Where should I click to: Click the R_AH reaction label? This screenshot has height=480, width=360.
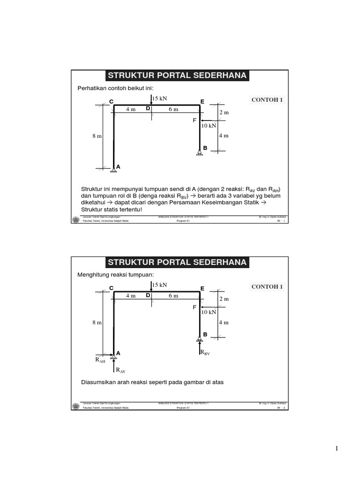pyautogui.click(x=100, y=360)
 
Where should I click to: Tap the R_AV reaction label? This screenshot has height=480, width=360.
pyautogui.click(x=120, y=370)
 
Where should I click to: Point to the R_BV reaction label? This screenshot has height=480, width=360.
pyautogui.click(x=205, y=352)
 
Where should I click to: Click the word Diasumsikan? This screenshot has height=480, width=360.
pyautogui.click(x=99, y=382)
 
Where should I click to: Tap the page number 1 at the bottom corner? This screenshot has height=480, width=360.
pyautogui.click(x=336, y=449)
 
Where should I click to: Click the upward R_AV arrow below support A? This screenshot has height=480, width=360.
pyautogui.click(x=114, y=368)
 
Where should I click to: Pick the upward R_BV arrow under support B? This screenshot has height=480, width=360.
pyautogui.click(x=199, y=349)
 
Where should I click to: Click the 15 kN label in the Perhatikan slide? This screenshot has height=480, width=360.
pyautogui.click(x=160, y=98)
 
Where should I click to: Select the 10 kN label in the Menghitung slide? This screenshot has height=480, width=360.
pyautogui.click(x=209, y=312)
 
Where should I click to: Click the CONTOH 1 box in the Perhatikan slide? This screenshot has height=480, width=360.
pyautogui.click(x=267, y=100)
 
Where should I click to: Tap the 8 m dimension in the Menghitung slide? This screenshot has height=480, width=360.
pyautogui.click(x=97, y=322)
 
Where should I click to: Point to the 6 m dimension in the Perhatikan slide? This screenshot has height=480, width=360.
pyautogui.click(x=173, y=109)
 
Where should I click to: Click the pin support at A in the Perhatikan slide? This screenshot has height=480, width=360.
pyautogui.click(x=114, y=170)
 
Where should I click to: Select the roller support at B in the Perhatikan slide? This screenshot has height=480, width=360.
pyautogui.click(x=200, y=152)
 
